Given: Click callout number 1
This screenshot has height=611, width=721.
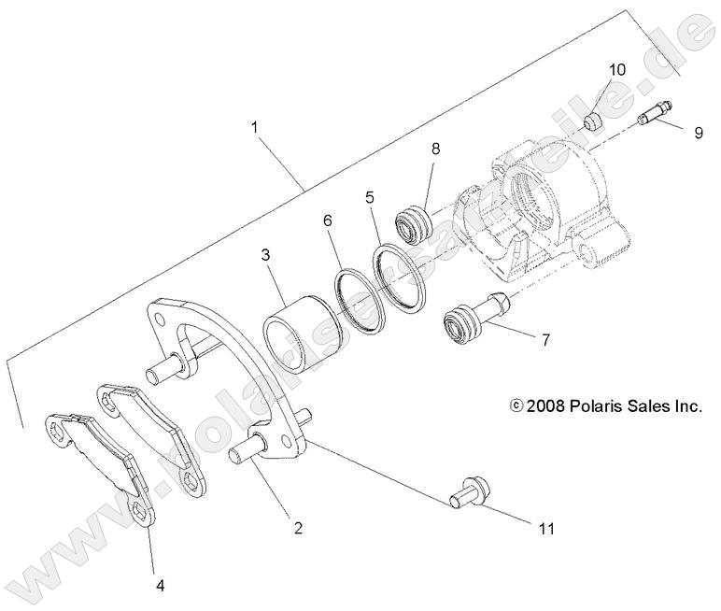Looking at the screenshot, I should coord(254,126).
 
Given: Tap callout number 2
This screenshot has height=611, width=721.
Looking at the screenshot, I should coord(298,528).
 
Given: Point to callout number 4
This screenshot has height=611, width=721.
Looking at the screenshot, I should coord(160,586).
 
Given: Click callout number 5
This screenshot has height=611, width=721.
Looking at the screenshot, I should coord(370,198).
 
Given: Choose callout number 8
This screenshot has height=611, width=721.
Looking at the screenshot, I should coord(435,149).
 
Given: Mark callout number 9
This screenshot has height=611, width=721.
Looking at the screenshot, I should coord(698,133).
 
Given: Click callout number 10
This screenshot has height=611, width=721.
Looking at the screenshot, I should coord(617,70).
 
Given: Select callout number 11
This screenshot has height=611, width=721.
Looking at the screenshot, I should coord(545,529).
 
